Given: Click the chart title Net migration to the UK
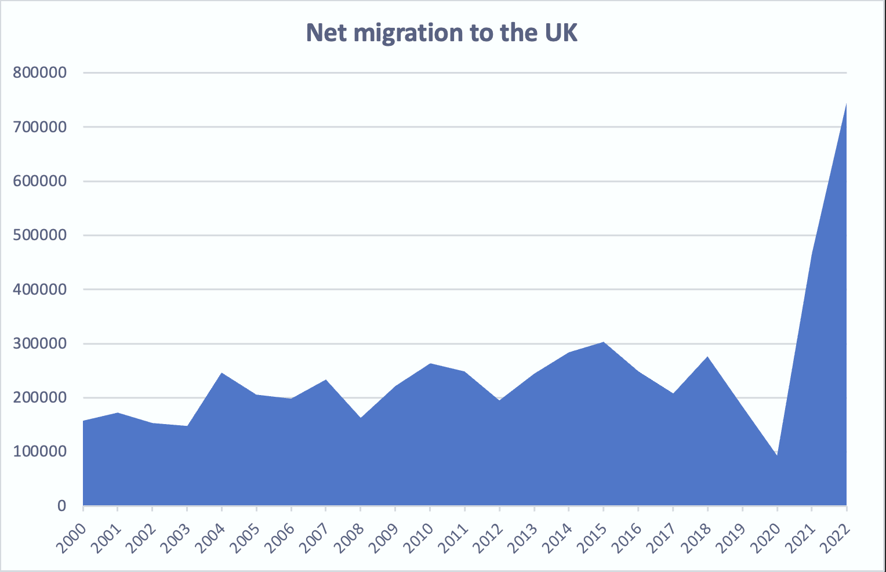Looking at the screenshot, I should (x=442, y=33).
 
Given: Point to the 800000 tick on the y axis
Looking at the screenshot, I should (x=39, y=73).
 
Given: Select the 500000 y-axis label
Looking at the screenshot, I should (x=39, y=235).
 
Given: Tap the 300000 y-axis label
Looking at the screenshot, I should (x=39, y=343).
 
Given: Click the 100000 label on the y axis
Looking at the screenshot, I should (x=39, y=451).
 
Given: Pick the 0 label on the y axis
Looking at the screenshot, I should (x=61, y=506).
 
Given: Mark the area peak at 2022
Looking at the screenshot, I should (x=846, y=104).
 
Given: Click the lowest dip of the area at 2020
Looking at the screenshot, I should (x=777, y=455).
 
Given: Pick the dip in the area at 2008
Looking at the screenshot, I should (x=361, y=418).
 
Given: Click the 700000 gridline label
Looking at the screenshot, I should (x=39, y=126).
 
